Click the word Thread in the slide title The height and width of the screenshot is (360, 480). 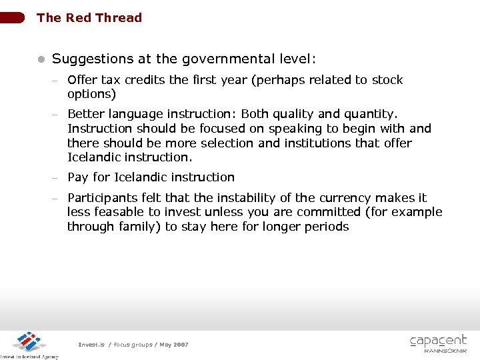click(x=119, y=18)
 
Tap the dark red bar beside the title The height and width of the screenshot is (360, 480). click(x=13, y=17)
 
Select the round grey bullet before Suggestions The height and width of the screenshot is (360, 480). click(x=40, y=59)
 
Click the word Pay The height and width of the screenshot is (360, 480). click(x=78, y=177)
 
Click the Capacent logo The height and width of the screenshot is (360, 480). click(x=438, y=343)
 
